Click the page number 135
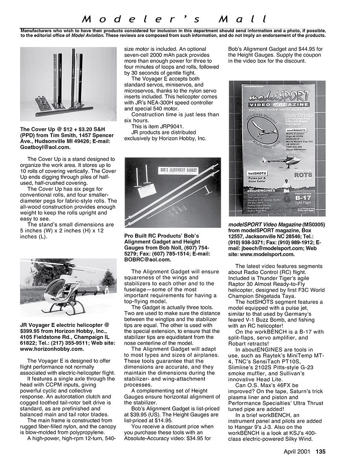click(321, 452)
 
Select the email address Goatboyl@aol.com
click(45, 147)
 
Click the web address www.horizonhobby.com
click(52, 348)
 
